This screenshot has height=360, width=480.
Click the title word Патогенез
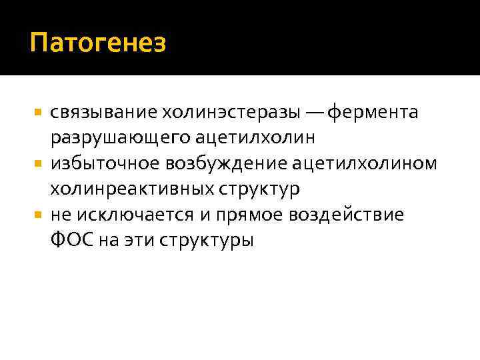click(x=97, y=44)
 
